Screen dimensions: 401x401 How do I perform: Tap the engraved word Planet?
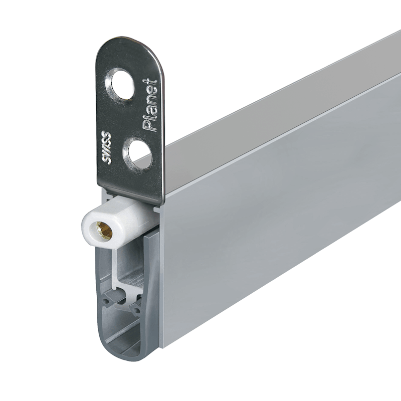pos(150,105)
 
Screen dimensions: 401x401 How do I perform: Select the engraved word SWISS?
pos(106,148)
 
